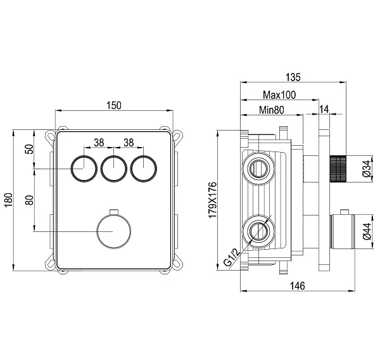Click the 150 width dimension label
[x=113, y=105]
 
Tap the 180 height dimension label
[x=8, y=200]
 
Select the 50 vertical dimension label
[x=29, y=149]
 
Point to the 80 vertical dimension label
[x=29, y=200]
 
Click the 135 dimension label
[x=293, y=77]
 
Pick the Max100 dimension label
[x=279, y=94]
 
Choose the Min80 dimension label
[x=272, y=110]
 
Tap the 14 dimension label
[x=324, y=109]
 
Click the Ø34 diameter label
[x=367, y=169]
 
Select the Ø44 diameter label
[x=367, y=231]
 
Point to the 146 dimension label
[x=298, y=286]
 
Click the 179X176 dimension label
[x=213, y=200]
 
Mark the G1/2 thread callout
[x=231, y=257]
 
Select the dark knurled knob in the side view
[x=338, y=169]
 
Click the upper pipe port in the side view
[x=259, y=168]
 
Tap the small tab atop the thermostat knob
[x=113, y=212]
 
